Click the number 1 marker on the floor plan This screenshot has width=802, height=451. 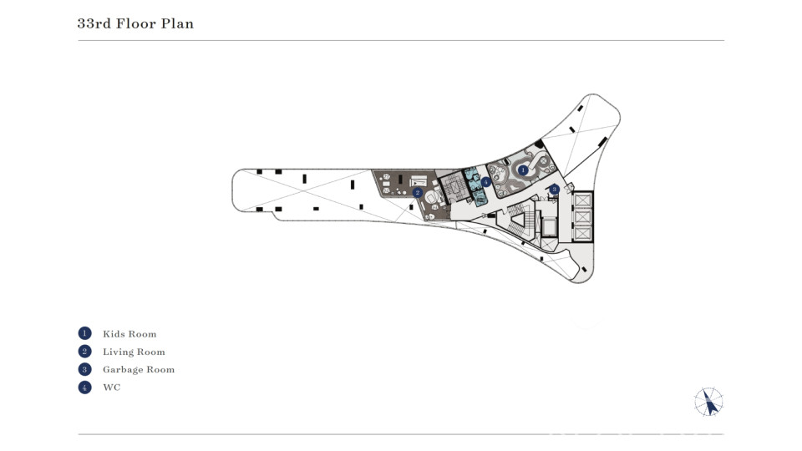tap(523, 170)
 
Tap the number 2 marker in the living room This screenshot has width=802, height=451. tap(418, 193)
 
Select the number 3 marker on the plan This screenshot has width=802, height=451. tap(554, 190)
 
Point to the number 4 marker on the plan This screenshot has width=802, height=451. tap(486, 181)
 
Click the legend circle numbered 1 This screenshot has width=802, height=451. tap(85, 333)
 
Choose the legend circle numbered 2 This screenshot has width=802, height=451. tap(85, 352)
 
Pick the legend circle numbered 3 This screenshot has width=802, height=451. tap(85, 369)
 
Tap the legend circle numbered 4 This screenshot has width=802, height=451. tap(85, 387)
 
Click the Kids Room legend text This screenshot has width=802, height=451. tap(129, 334)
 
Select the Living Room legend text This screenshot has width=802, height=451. tap(134, 352)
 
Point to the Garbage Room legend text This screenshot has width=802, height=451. tap(139, 370)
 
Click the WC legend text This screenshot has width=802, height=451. tap(111, 387)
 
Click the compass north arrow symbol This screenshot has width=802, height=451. tap(709, 402)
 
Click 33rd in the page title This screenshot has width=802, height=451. tap(94, 23)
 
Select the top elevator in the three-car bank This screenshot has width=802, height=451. tap(582, 200)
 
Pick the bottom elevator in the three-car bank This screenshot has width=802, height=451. tap(582, 234)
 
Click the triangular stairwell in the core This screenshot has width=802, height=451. tap(519, 220)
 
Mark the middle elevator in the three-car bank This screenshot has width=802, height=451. tap(582, 217)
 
